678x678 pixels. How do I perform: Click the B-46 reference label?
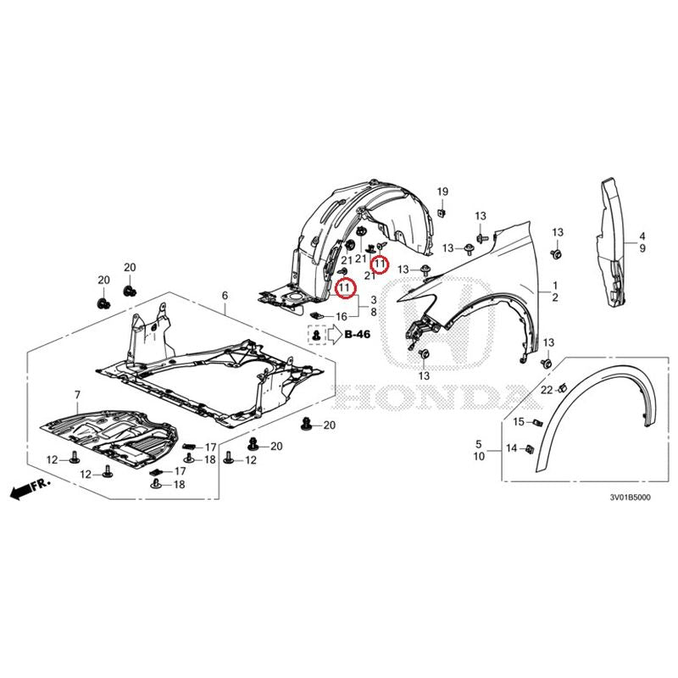[x=357, y=334]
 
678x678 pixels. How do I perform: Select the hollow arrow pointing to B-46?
[x=334, y=334]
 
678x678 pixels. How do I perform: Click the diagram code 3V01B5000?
[x=630, y=497]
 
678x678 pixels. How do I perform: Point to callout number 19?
[x=442, y=192]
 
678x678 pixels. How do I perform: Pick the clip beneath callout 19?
[x=442, y=212]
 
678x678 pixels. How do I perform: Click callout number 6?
[x=225, y=296]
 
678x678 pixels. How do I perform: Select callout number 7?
[x=77, y=395]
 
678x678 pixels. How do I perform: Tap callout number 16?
[x=342, y=316]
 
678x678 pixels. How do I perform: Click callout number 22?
[x=547, y=390]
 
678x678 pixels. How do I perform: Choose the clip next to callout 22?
[x=562, y=387]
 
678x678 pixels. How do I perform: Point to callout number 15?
[x=519, y=421]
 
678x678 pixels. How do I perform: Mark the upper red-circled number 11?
[x=380, y=264]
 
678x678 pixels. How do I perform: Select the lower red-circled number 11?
[x=345, y=287]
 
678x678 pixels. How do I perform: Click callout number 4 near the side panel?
[x=642, y=236]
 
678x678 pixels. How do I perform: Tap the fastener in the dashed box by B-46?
[x=316, y=334]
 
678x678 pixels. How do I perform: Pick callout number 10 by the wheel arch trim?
[x=479, y=456]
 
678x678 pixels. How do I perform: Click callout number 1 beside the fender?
[x=555, y=286]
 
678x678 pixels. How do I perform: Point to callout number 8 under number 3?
[x=374, y=312]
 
